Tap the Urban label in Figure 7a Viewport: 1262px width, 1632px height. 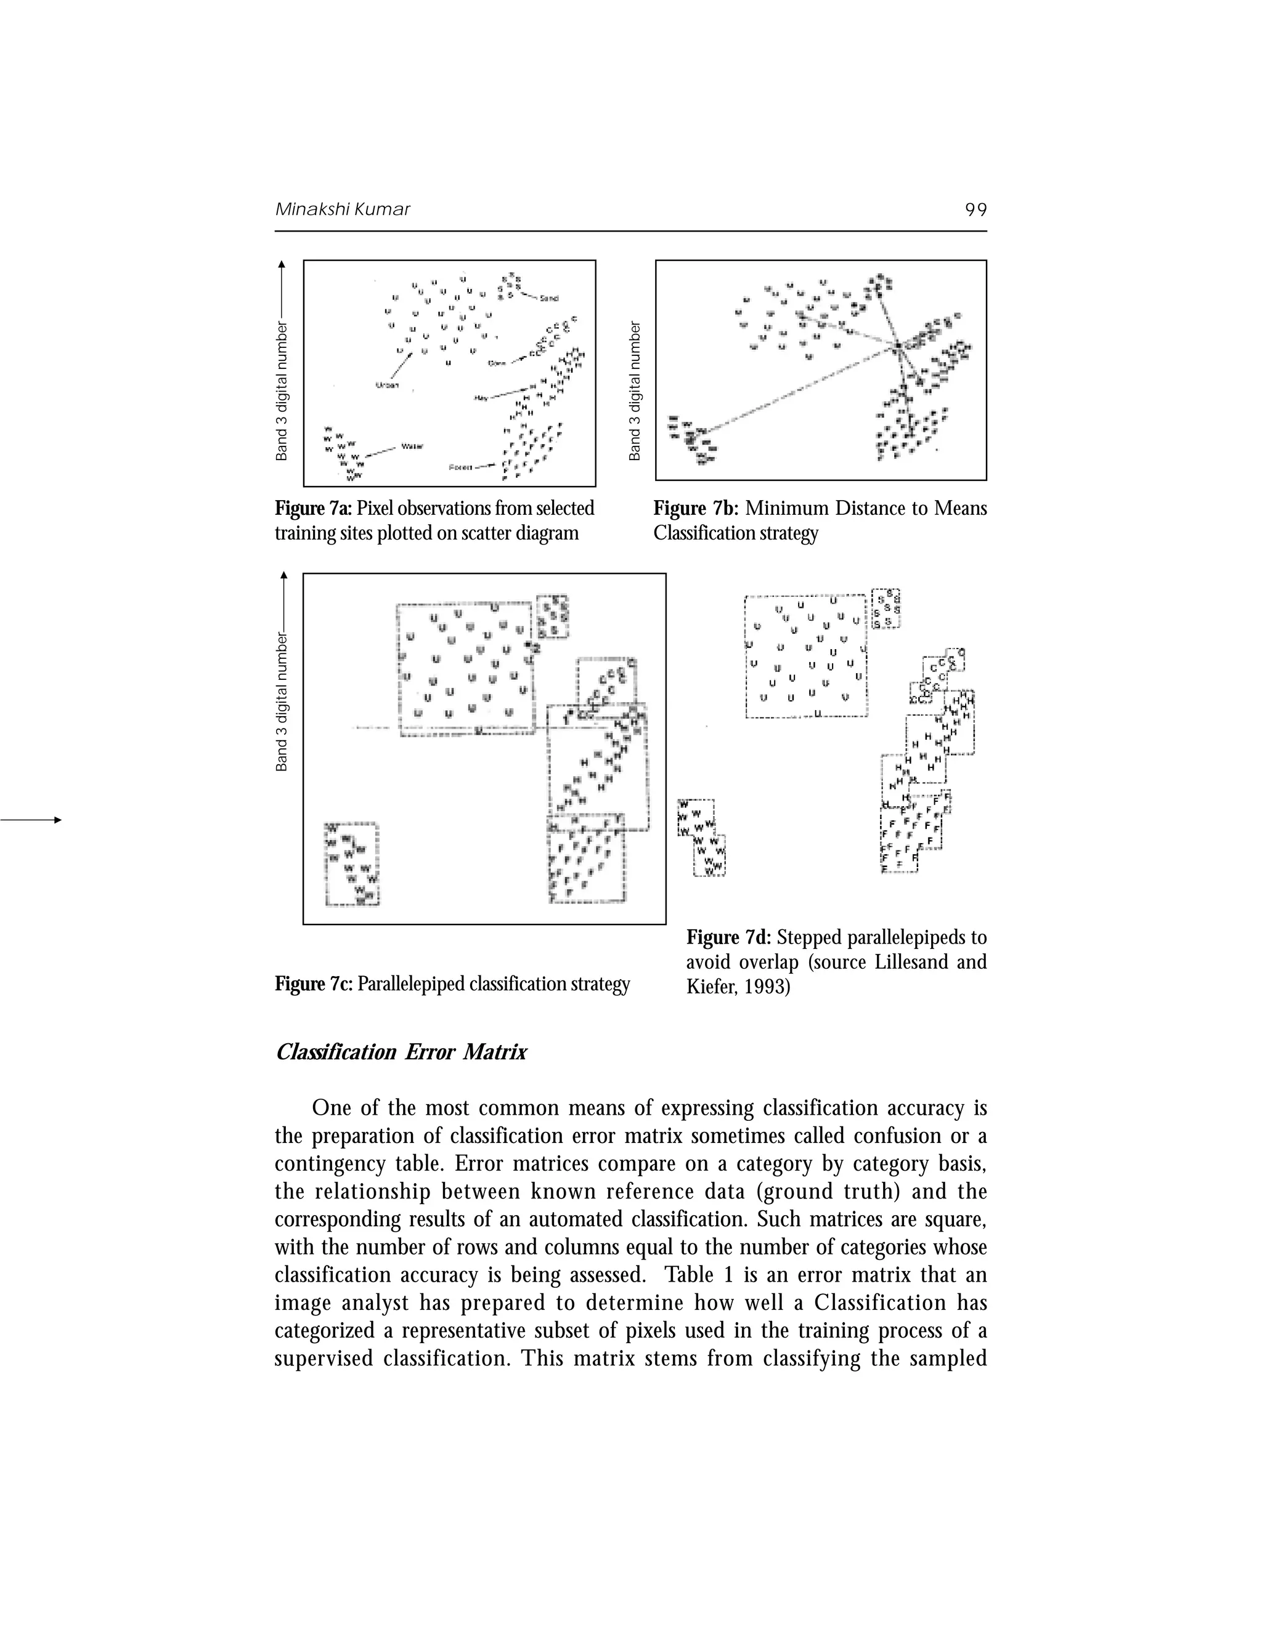pyautogui.click(x=387, y=386)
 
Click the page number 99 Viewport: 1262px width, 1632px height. pyautogui.click(x=975, y=210)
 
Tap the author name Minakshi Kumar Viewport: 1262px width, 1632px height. pyautogui.click(x=343, y=209)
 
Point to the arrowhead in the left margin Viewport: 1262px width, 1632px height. pyautogui.click(x=56, y=820)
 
